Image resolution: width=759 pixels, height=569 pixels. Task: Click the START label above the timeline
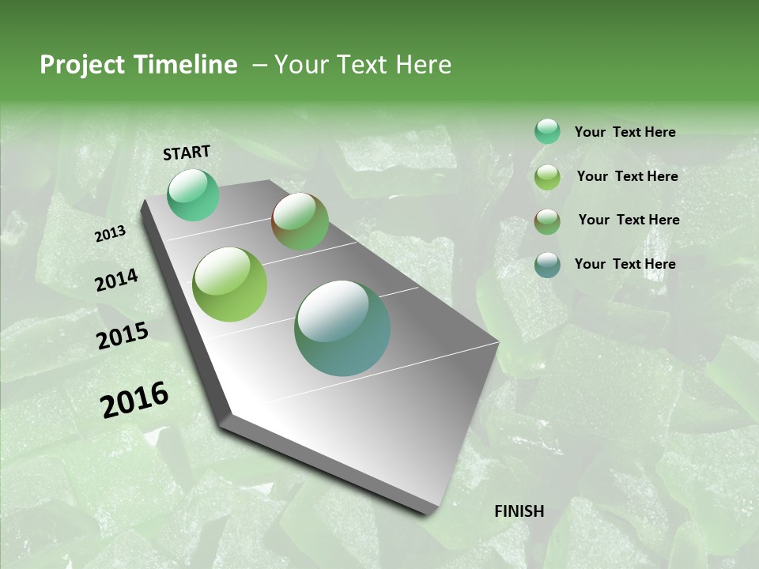(x=187, y=153)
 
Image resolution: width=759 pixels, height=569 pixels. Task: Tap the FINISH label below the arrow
(x=519, y=511)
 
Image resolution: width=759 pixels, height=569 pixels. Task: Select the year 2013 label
(x=110, y=234)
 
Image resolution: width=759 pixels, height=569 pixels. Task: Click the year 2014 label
(x=116, y=281)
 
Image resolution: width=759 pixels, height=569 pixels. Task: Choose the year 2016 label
(x=134, y=400)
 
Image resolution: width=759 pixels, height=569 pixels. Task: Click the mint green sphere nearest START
(x=193, y=195)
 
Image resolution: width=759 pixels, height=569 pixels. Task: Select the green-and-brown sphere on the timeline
(x=300, y=221)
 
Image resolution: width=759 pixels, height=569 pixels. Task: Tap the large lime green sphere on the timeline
(x=229, y=284)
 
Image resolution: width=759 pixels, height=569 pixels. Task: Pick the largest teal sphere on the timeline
(x=342, y=328)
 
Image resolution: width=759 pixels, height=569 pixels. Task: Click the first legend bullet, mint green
(x=547, y=132)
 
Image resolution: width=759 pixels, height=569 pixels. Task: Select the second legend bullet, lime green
(x=547, y=177)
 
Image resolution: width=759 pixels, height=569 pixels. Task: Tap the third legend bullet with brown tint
(x=547, y=221)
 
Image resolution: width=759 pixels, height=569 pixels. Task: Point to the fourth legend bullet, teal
(x=547, y=265)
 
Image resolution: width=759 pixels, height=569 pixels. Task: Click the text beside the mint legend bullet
(x=625, y=133)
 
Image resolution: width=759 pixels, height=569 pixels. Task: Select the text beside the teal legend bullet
(x=625, y=264)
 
